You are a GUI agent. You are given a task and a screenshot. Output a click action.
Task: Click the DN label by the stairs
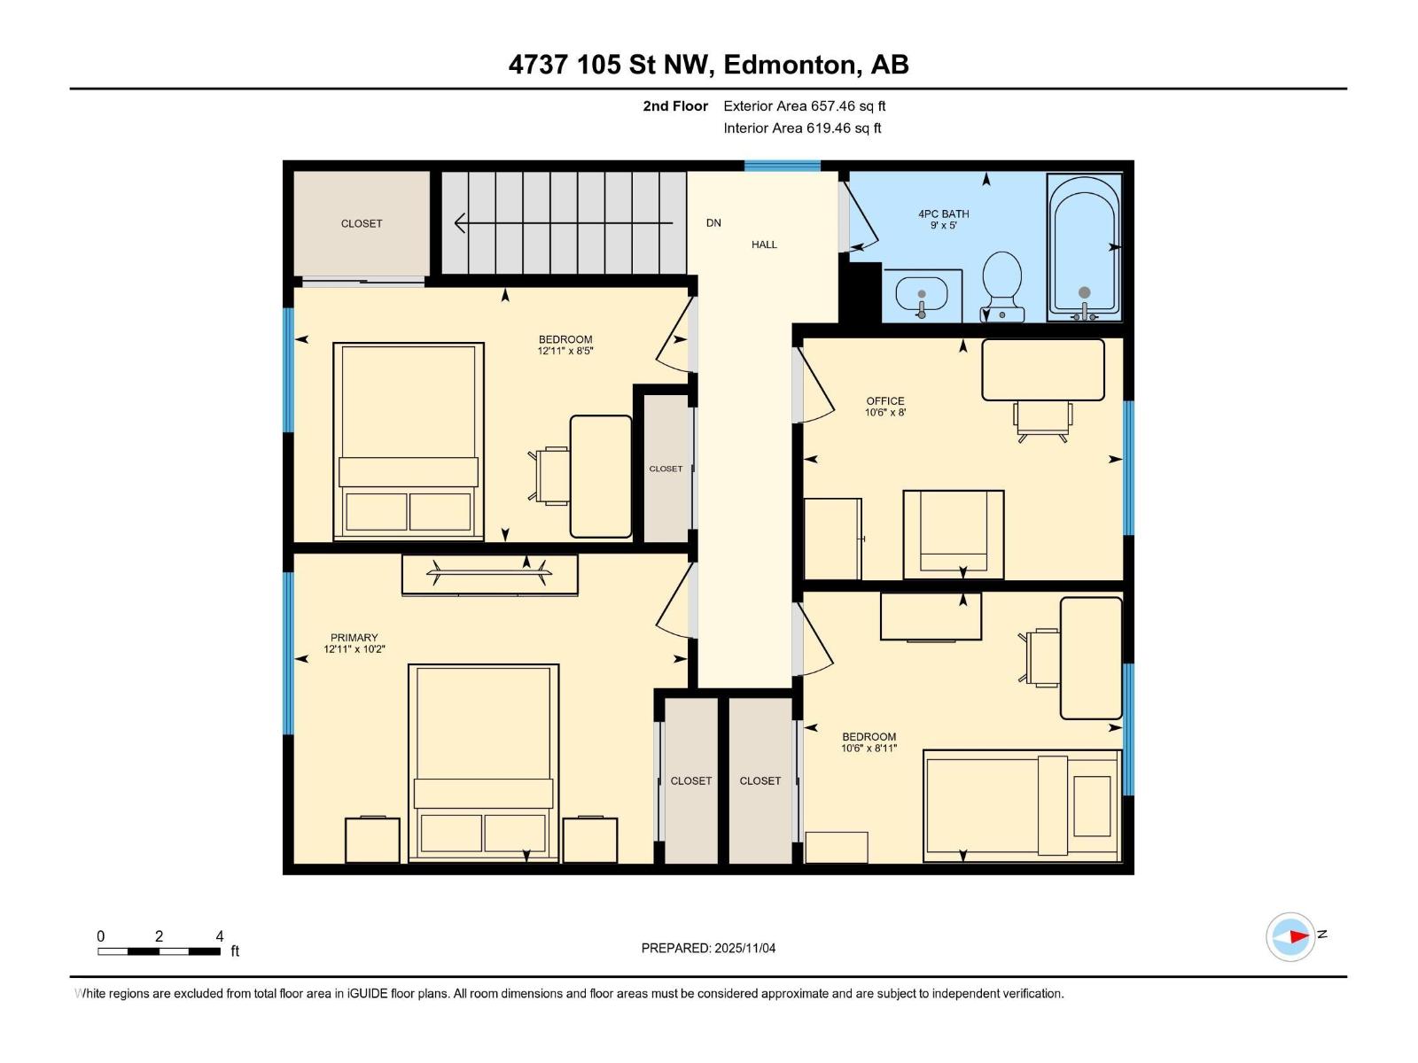tap(713, 223)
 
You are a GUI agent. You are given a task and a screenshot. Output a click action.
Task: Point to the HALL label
tap(764, 244)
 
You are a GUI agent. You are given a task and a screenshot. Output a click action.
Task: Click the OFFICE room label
tap(885, 401)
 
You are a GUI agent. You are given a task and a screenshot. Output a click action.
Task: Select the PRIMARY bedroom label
tap(354, 638)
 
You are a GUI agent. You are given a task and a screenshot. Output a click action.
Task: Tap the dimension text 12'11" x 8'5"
tap(565, 351)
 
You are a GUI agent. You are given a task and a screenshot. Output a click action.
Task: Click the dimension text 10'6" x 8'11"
tap(869, 749)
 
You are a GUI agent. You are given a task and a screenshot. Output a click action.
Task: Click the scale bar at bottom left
tap(160, 951)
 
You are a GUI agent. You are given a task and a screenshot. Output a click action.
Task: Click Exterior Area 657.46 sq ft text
tap(804, 106)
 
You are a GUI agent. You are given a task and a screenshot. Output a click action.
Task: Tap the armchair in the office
tap(954, 534)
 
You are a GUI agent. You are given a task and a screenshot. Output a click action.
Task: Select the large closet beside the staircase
tap(362, 223)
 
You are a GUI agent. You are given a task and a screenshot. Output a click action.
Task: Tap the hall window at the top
tap(782, 166)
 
